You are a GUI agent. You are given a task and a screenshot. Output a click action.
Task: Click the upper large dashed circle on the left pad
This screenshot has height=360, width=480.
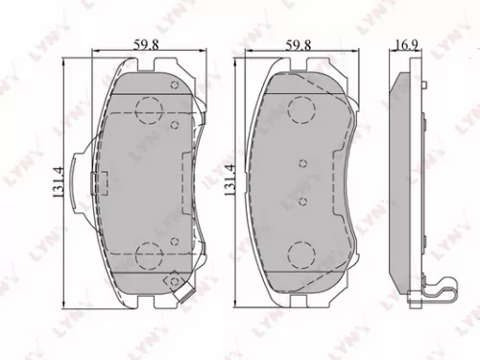pyautogui.click(x=149, y=111)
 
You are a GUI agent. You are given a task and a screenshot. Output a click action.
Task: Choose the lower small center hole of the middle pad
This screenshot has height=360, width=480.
pyautogui.click(x=301, y=202)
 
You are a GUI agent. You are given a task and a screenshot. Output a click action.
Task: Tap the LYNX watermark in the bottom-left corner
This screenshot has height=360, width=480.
pyautogui.click(x=29, y=336)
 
